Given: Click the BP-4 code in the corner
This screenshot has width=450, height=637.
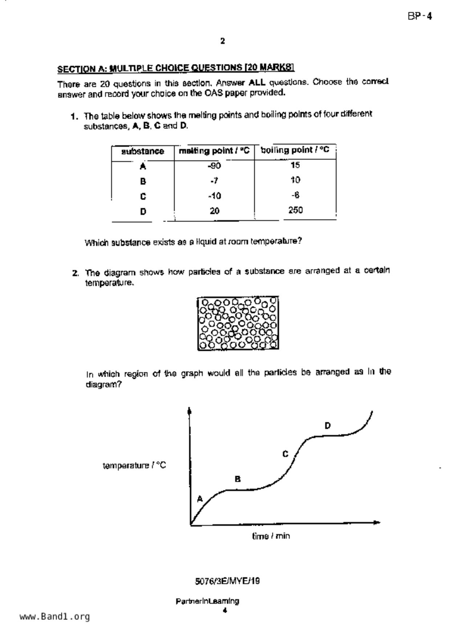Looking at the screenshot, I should point(420,16).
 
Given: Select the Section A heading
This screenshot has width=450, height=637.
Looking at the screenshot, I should point(175,68).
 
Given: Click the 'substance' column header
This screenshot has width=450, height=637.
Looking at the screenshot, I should point(143,151).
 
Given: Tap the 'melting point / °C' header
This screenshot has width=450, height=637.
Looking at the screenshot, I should point(214,151).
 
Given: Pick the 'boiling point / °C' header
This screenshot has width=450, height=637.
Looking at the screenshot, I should point(295,150).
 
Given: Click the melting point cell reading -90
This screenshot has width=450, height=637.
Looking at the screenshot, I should point(214,166).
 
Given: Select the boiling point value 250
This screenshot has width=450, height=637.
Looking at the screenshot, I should point(295,210).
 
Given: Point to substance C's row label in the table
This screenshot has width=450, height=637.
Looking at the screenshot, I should point(143,196).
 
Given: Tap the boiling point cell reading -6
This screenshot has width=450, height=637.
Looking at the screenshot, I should point(295,195).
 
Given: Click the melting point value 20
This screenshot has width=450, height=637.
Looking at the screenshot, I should point(215,211).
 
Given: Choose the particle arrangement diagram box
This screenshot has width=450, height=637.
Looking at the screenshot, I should point(238,323).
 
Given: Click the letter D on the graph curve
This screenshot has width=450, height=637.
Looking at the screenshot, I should point(328,426).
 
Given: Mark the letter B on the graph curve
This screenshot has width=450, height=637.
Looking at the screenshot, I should point(238,479).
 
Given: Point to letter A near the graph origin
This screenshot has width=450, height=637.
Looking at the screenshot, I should point(199,499).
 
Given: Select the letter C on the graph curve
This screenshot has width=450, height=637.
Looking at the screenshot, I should point(285,454).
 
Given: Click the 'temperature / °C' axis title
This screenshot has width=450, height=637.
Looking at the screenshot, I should point(134,465).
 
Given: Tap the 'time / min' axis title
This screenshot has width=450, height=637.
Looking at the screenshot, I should point(271,536).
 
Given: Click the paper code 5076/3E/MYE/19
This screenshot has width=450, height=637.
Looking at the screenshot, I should point(227,581).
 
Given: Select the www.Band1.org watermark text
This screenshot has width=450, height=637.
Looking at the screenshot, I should point(55,616).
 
